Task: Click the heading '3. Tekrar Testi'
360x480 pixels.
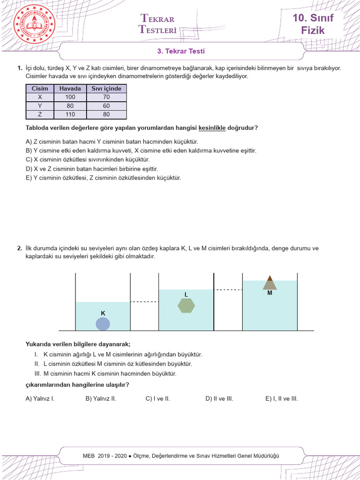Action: pos(180,51)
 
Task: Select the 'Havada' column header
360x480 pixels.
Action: pos(70,89)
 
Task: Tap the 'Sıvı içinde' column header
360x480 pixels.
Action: pos(106,89)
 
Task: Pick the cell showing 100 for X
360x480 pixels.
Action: pos(70,97)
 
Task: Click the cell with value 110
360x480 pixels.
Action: pos(70,114)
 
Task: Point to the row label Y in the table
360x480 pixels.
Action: pos(40,106)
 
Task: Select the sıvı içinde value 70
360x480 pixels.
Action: pos(106,97)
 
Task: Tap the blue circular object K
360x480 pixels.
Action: pos(103,324)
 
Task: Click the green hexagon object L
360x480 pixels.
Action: pos(186,305)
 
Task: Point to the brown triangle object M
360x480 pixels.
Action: pos(270,283)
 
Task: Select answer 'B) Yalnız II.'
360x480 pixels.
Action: pos(101,399)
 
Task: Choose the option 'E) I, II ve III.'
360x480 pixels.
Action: pos(281,399)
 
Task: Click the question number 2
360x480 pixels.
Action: pos(19,248)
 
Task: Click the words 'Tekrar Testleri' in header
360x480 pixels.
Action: pos(157,24)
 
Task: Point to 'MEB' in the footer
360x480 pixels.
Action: pos(89,456)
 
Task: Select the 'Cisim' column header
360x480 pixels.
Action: pos(40,89)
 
